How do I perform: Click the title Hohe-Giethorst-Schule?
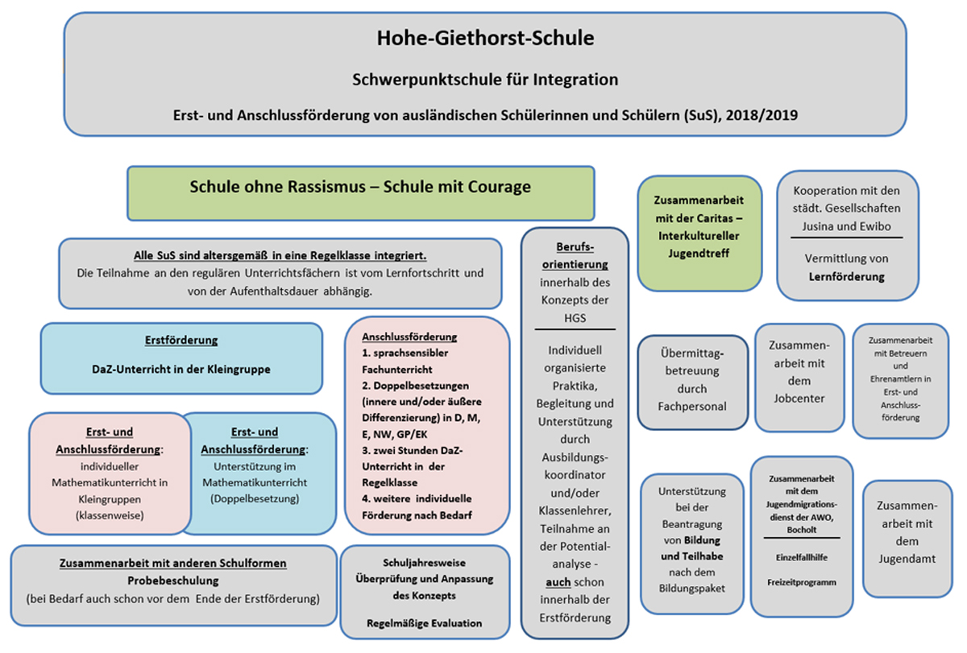click(x=485, y=38)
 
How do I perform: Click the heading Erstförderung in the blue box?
click(x=181, y=341)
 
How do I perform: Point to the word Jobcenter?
click(x=799, y=399)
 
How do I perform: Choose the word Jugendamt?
click(x=907, y=559)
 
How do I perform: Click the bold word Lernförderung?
click(x=847, y=276)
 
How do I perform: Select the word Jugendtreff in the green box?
click(x=699, y=253)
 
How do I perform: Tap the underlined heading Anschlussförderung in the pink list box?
click(x=409, y=337)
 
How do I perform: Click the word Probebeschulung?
click(x=173, y=581)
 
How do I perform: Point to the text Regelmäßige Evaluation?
click(x=425, y=623)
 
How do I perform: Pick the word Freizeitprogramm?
click(x=802, y=583)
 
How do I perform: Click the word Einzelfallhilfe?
click(x=802, y=558)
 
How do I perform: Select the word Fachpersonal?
click(x=692, y=407)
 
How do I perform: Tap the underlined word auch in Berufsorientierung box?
click(x=558, y=582)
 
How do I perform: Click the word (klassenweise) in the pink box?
click(x=110, y=516)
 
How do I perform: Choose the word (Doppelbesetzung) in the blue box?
click(x=255, y=499)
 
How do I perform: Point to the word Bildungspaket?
click(x=692, y=589)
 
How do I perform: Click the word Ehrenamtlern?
click(x=901, y=379)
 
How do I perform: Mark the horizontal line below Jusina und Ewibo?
click(x=847, y=238)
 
